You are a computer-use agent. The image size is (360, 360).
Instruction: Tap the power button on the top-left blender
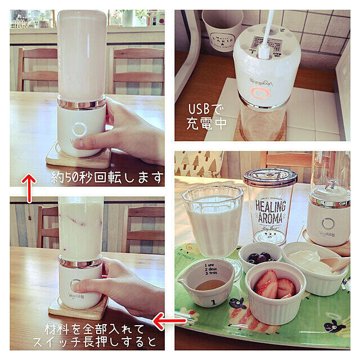click(78, 129)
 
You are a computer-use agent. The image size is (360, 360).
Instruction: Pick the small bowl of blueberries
click(259, 256)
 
